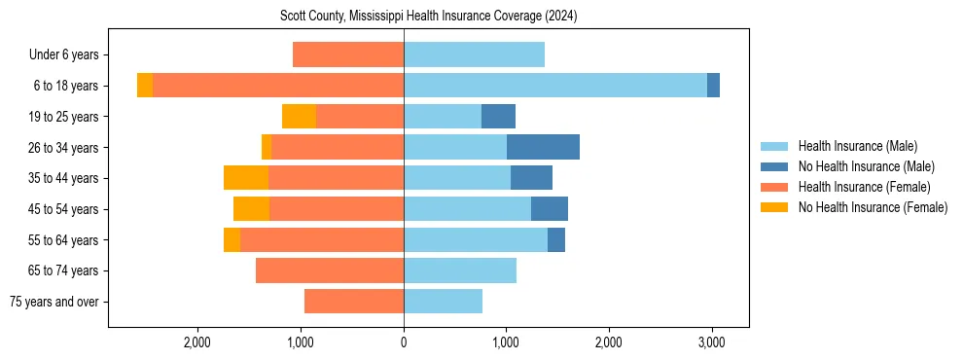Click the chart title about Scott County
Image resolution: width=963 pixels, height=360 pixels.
(429, 17)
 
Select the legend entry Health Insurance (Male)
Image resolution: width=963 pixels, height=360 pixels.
(857, 146)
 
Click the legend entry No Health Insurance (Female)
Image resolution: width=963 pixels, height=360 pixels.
(873, 207)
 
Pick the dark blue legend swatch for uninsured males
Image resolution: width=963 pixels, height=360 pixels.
(775, 166)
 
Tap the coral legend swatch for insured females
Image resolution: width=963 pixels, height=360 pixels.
(775, 187)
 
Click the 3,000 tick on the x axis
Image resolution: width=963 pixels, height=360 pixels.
(711, 342)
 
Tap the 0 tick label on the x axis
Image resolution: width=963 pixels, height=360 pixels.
(404, 342)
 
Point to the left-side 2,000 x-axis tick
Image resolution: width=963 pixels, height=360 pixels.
(197, 342)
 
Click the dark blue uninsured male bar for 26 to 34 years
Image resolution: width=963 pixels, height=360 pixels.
(543, 147)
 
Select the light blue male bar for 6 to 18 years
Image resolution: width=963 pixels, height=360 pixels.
(555, 86)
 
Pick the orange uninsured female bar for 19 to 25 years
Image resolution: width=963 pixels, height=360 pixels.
(299, 117)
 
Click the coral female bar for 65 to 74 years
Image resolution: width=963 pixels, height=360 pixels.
(330, 270)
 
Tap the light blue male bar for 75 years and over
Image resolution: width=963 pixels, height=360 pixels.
(443, 302)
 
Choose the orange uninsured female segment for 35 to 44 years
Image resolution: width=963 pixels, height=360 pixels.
(246, 178)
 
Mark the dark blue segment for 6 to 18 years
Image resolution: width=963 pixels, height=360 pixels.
(713, 86)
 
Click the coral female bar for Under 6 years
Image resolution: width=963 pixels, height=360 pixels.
(348, 54)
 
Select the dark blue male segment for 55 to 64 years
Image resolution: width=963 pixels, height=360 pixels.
(556, 239)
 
